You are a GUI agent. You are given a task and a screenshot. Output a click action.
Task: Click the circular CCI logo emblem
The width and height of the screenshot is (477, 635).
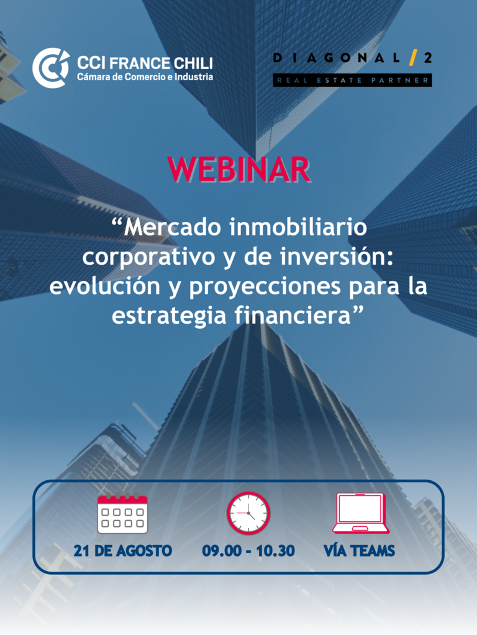(x=51, y=68)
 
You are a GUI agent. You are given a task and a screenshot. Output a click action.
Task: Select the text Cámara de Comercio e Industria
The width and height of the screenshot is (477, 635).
(x=145, y=76)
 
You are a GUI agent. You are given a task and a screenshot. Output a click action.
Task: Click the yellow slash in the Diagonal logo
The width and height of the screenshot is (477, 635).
(x=413, y=58)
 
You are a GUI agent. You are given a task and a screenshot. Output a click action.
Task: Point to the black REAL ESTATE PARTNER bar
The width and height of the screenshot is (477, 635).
(x=352, y=80)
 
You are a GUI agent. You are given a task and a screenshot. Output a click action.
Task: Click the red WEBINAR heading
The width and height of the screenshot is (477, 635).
(x=239, y=169)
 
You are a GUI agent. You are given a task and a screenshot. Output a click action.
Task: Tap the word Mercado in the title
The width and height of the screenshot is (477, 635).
(x=173, y=227)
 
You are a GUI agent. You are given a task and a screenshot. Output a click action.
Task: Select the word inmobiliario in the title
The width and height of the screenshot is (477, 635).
(x=298, y=227)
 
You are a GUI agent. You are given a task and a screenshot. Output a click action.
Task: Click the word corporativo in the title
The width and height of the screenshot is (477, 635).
(x=148, y=258)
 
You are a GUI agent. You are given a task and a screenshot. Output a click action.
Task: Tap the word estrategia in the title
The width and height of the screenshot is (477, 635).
(x=170, y=316)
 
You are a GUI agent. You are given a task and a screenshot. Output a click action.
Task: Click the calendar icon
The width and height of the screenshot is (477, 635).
(x=123, y=513)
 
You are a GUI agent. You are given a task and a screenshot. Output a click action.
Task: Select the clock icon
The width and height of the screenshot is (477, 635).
(x=248, y=513)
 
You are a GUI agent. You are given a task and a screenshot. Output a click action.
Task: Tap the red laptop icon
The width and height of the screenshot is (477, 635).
(x=360, y=513)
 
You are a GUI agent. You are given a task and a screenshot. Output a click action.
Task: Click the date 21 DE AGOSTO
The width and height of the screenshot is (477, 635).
(x=123, y=550)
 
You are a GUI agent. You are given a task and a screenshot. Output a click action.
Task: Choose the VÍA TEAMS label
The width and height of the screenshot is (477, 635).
(x=359, y=550)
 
